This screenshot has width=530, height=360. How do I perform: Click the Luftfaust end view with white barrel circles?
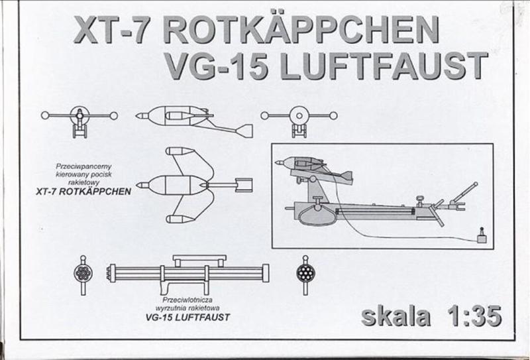(x=83, y=271)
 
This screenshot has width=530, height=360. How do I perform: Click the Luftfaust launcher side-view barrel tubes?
(x=188, y=272)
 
